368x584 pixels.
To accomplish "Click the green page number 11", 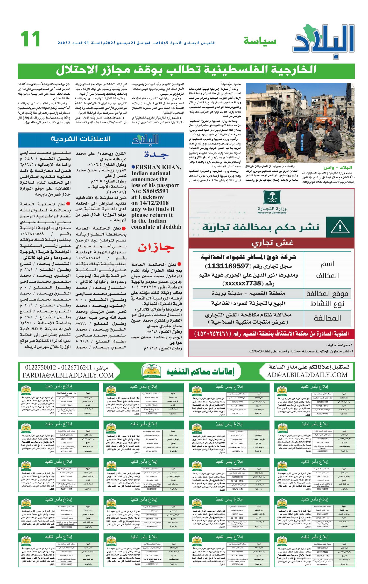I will pos(30,39).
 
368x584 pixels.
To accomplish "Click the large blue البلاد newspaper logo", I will pos(324,40).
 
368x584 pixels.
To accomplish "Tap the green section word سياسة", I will pos(260,41).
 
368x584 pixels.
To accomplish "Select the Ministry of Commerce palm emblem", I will pos(272,198).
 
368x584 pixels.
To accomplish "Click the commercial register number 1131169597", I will pos(227,266).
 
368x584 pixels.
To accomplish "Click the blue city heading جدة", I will pos(157,155).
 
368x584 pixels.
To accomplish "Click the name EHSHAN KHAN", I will pos(158,168).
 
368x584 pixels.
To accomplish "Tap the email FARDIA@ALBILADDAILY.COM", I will pos(68,375).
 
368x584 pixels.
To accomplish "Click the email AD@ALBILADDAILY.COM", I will pos(307,375).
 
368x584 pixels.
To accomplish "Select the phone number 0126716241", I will pos(77,368).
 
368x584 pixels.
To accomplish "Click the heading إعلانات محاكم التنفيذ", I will pos(200,372).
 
